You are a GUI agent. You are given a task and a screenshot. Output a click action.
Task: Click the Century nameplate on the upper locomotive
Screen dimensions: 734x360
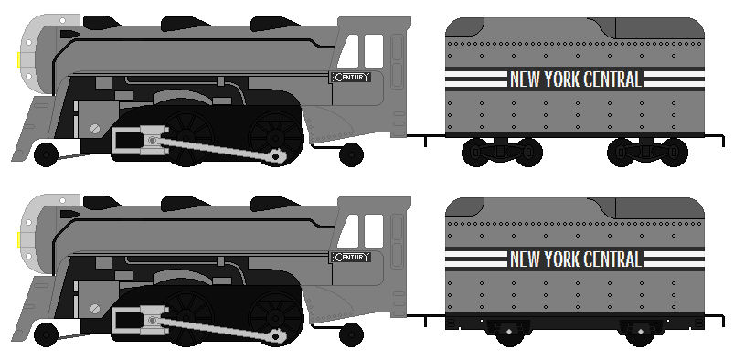click(x=351, y=78)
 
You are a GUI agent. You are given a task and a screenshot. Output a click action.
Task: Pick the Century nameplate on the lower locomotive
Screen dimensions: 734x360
click(x=351, y=257)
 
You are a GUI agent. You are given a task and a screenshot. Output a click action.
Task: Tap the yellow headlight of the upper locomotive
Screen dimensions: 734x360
click(x=18, y=59)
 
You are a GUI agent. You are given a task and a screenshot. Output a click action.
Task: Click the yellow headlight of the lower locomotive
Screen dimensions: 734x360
click(x=18, y=239)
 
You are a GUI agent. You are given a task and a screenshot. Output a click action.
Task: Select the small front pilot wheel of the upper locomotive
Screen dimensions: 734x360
click(x=46, y=154)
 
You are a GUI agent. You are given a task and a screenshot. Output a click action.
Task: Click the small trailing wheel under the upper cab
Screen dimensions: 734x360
click(x=351, y=154)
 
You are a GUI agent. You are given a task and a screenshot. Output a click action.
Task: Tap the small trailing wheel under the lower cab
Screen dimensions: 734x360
click(x=351, y=334)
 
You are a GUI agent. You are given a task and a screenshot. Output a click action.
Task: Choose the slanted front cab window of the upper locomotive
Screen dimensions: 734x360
click(x=348, y=51)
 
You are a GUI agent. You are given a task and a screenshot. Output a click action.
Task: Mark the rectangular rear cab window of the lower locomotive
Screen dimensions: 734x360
click(x=374, y=231)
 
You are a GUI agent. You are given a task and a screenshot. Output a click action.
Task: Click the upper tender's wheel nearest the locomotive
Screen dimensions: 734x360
click(x=475, y=153)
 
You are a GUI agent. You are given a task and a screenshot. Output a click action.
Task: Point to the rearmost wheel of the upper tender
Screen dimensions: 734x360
click(x=674, y=153)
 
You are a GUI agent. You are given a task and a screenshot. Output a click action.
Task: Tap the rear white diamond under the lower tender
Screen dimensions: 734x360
click(x=640, y=332)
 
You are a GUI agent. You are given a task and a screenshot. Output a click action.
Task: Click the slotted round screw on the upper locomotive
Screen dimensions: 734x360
click(x=95, y=128)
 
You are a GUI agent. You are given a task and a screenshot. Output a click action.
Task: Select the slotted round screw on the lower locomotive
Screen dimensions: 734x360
click(x=95, y=308)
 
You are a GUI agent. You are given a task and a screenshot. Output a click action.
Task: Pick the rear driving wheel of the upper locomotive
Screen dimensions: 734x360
click(x=276, y=137)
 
